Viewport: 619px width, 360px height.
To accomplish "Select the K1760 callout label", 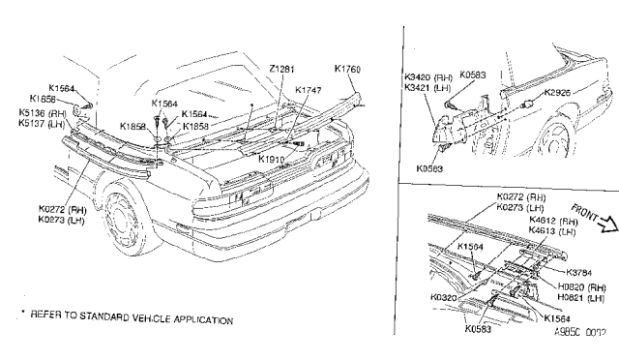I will [347, 69].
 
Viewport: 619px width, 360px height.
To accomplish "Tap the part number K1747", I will [309, 90].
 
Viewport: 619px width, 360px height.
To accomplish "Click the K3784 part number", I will [579, 272].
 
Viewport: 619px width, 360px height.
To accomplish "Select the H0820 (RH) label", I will [582, 287].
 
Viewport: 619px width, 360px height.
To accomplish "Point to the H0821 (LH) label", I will [582, 298].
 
